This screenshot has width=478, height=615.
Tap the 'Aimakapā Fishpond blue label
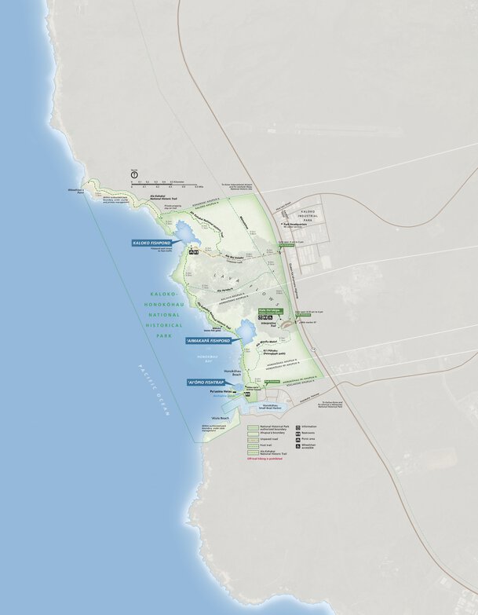click(207, 341)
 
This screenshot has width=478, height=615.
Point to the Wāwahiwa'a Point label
click(76, 189)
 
